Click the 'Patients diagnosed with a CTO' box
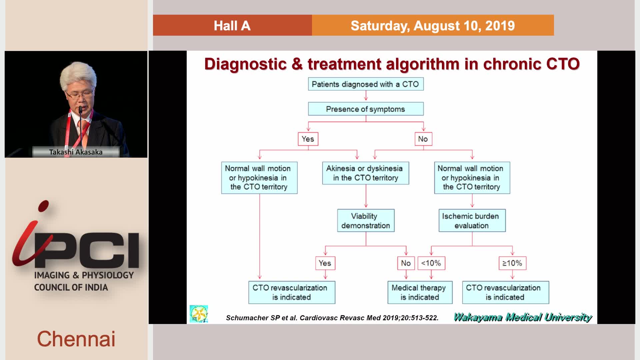tap(366, 84)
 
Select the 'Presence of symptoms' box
tap(366, 109)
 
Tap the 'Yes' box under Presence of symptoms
tap(308, 139)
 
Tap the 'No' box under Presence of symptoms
tap(423, 139)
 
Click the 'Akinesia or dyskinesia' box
tap(366, 173)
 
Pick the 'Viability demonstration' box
tap(366, 221)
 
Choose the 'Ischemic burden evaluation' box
tap(472, 221)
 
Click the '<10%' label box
tap(431, 263)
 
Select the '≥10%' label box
tap(512, 263)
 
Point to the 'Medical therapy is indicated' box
tap(420, 292)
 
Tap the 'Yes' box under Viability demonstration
tap(325, 263)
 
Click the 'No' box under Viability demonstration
tap(406, 263)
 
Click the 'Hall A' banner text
tap(232, 26)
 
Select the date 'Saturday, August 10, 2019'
tap(433, 26)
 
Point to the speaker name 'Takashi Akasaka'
tap(76, 152)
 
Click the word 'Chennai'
tap(76, 339)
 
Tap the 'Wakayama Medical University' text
tap(523, 317)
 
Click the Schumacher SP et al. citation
tap(332, 318)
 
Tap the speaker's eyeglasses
tap(80, 95)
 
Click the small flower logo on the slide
tap(199, 314)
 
